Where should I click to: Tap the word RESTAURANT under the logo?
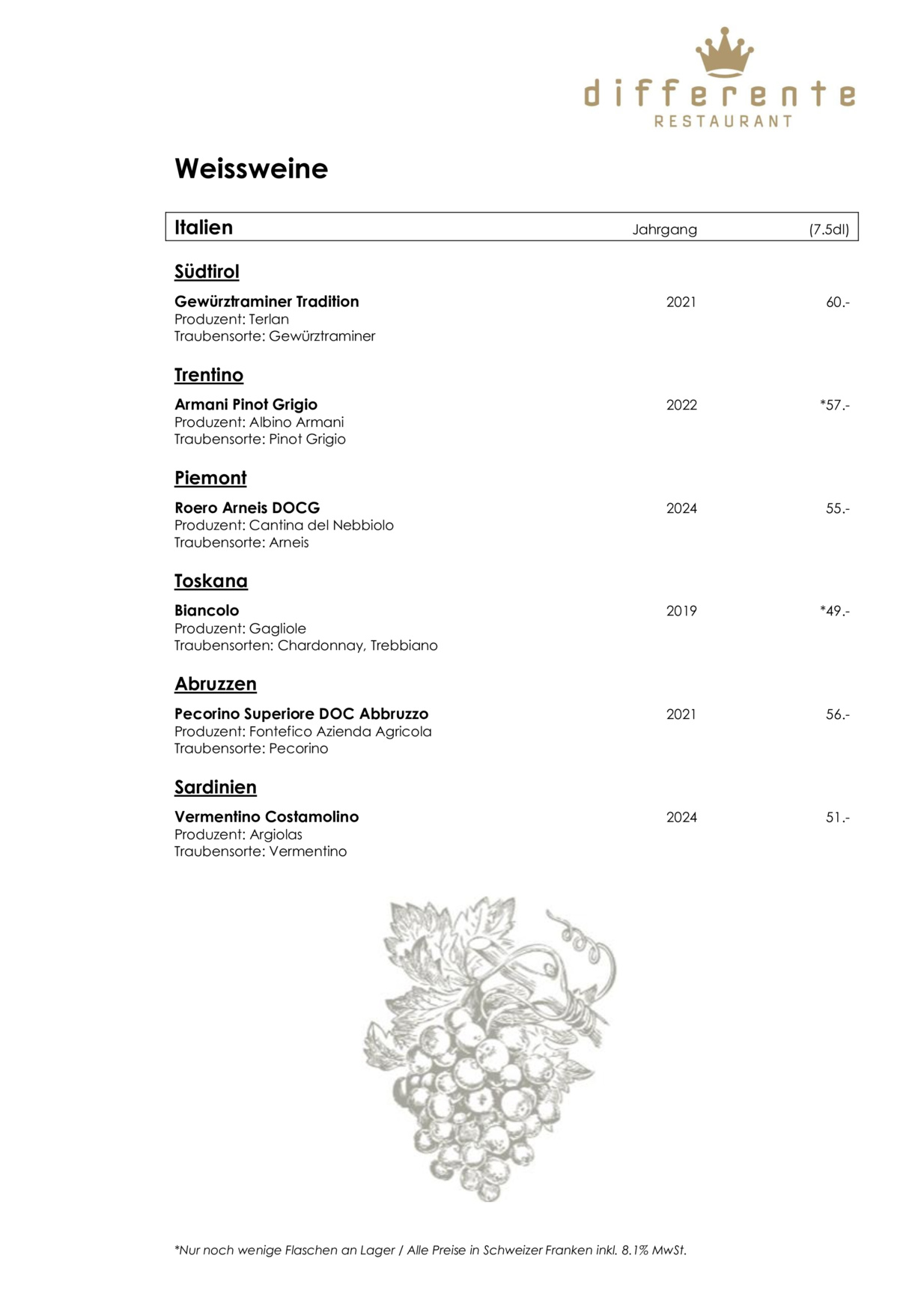pyautogui.click(x=723, y=121)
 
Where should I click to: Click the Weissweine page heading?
pyautogui.click(x=251, y=168)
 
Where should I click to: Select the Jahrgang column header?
pyautogui.click(x=664, y=229)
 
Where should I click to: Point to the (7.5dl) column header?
pyautogui.click(x=829, y=229)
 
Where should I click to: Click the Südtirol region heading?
pyautogui.click(x=207, y=272)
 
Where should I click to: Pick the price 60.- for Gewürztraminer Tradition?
pyautogui.click(x=837, y=303)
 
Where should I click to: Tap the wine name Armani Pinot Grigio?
pyautogui.click(x=246, y=404)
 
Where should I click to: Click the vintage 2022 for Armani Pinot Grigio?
pyautogui.click(x=681, y=405)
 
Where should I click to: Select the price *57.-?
pyautogui.click(x=835, y=405)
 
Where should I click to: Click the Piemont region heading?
pyautogui.click(x=210, y=478)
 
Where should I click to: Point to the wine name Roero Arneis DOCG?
pyautogui.click(x=247, y=508)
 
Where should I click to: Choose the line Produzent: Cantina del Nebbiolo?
pyautogui.click(x=284, y=525)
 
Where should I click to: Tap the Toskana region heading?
pyautogui.click(x=211, y=581)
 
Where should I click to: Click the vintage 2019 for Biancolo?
pyautogui.click(x=681, y=611)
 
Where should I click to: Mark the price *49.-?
pyautogui.click(x=835, y=611)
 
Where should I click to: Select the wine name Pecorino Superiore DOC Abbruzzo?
pyautogui.click(x=301, y=714)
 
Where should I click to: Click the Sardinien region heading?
pyautogui.click(x=216, y=787)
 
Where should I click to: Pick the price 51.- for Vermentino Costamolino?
pyautogui.click(x=837, y=818)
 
